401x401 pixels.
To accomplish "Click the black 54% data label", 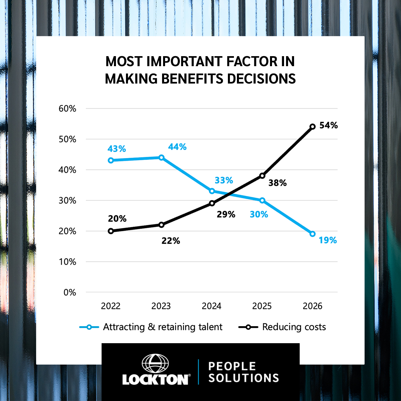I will coord(328,125).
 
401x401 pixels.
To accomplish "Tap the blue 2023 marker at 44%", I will coord(161,157).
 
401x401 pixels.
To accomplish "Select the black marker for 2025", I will coord(262,176).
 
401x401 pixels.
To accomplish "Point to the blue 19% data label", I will coord(327,240).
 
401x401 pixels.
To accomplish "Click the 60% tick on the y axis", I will coord(68,109).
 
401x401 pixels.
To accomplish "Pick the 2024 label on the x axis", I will coord(212,306).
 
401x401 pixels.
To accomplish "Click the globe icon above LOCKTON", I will coord(155,363).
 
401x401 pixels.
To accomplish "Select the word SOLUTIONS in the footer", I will coord(244,378).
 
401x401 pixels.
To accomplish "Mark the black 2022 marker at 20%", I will coord(111,231).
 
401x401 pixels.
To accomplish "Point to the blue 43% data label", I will coord(117,149).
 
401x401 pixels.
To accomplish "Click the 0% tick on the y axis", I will coord(70,293).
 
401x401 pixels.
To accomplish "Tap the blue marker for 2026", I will coord(312,234).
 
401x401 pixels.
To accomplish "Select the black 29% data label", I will coord(226,215).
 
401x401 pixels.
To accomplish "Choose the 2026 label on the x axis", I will coord(312,306).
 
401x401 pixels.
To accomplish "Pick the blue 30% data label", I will coord(259,215).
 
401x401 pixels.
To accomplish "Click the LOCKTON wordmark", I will coord(155,380).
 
